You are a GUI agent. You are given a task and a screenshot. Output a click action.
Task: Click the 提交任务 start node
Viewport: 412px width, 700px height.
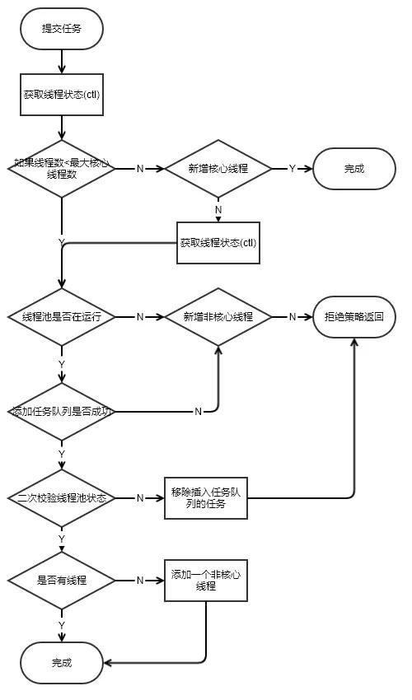click(62, 28)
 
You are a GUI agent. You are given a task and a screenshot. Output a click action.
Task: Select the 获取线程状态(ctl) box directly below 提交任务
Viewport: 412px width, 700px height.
click(62, 95)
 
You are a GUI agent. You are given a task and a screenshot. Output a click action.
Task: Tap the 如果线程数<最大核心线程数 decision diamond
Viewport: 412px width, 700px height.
click(62, 168)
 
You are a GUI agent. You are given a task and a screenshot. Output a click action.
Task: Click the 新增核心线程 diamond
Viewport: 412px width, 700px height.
click(218, 168)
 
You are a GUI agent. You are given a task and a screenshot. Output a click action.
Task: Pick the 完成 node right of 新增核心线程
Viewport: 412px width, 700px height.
click(354, 168)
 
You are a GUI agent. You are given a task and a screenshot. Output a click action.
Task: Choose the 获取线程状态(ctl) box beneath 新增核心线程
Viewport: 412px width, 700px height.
click(218, 243)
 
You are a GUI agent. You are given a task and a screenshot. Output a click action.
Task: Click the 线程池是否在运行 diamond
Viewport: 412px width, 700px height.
click(62, 316)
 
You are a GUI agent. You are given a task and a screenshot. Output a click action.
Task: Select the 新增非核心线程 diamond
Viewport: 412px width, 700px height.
click(218, 316)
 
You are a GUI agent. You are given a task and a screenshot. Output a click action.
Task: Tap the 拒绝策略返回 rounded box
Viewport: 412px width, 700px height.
click(354, 316)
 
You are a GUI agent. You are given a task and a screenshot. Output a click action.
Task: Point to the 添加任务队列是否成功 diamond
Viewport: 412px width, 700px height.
click(62, 410)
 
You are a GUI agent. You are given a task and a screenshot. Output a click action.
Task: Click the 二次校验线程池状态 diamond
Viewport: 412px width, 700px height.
click(62, 498)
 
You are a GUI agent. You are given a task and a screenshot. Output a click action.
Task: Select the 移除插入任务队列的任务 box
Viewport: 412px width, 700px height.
click(205, 497)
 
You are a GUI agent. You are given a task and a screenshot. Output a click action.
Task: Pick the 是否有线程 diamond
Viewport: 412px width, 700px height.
click(62, 580)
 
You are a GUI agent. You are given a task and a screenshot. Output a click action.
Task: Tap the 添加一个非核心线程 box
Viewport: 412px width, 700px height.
click(205, 580)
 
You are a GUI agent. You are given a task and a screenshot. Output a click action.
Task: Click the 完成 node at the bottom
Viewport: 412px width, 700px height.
click(62, 661)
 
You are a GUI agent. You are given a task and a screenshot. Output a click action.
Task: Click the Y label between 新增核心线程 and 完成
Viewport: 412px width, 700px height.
click(292, 168)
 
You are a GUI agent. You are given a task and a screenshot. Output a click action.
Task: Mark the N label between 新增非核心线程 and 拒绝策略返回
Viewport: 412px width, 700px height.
click(292, 316)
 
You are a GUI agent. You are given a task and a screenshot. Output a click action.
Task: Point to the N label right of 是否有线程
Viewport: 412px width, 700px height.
click(139, 580)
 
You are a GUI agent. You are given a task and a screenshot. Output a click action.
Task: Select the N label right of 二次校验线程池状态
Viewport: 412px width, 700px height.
click(139, 498)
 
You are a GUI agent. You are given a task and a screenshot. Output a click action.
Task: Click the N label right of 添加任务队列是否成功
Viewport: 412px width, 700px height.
click(198, 410)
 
